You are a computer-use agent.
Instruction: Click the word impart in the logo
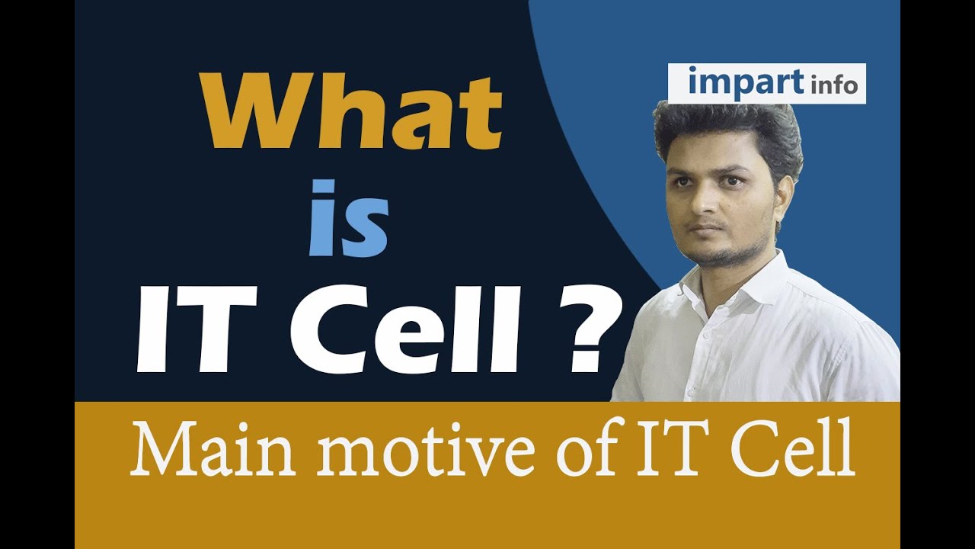point(736,82)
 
